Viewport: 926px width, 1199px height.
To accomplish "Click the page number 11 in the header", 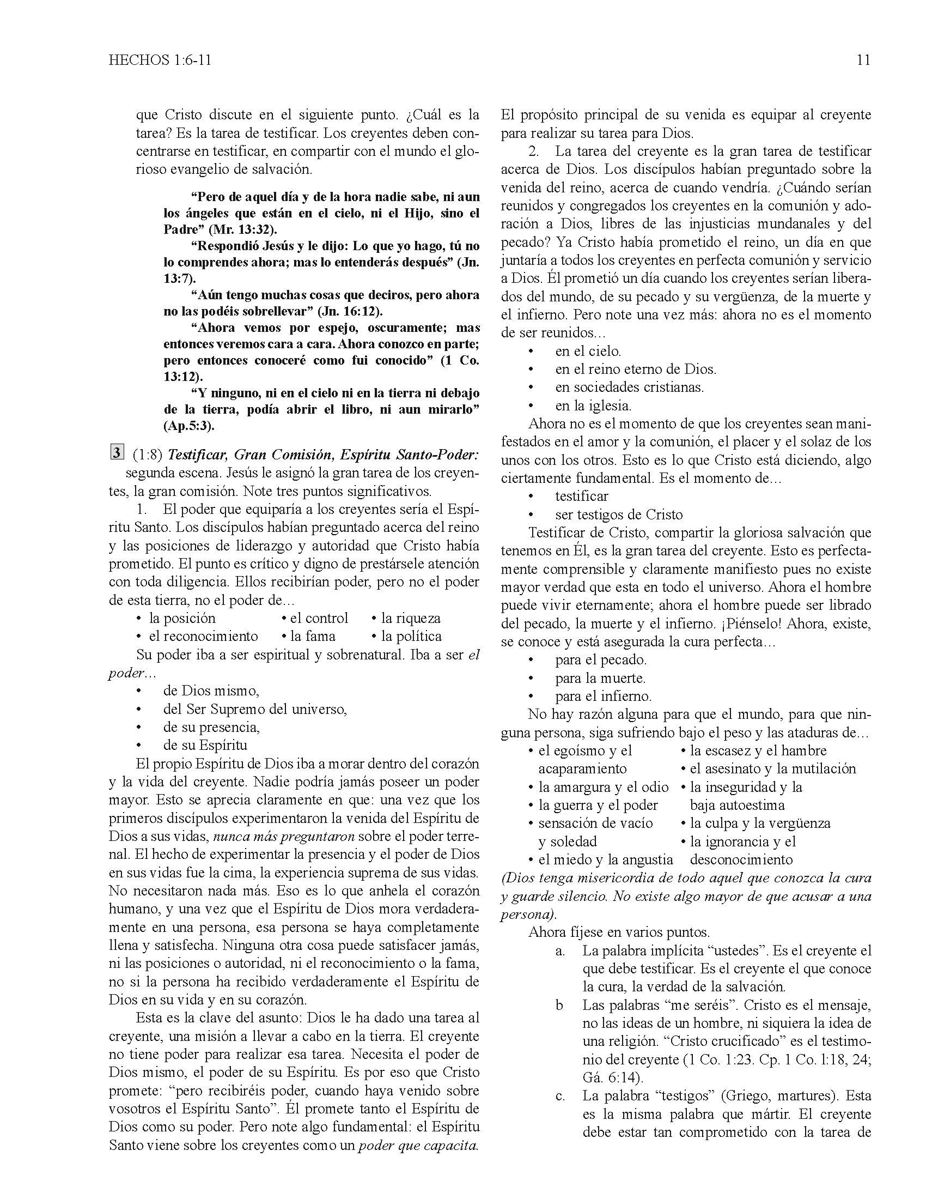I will [863, 60].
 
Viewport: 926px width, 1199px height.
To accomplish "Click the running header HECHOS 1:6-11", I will [160, 60].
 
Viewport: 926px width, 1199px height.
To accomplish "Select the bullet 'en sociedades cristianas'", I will [629, 387].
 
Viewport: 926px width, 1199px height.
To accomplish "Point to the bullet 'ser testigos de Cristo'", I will [619, 514].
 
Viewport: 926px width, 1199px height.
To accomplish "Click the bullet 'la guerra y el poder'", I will [598, 805].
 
